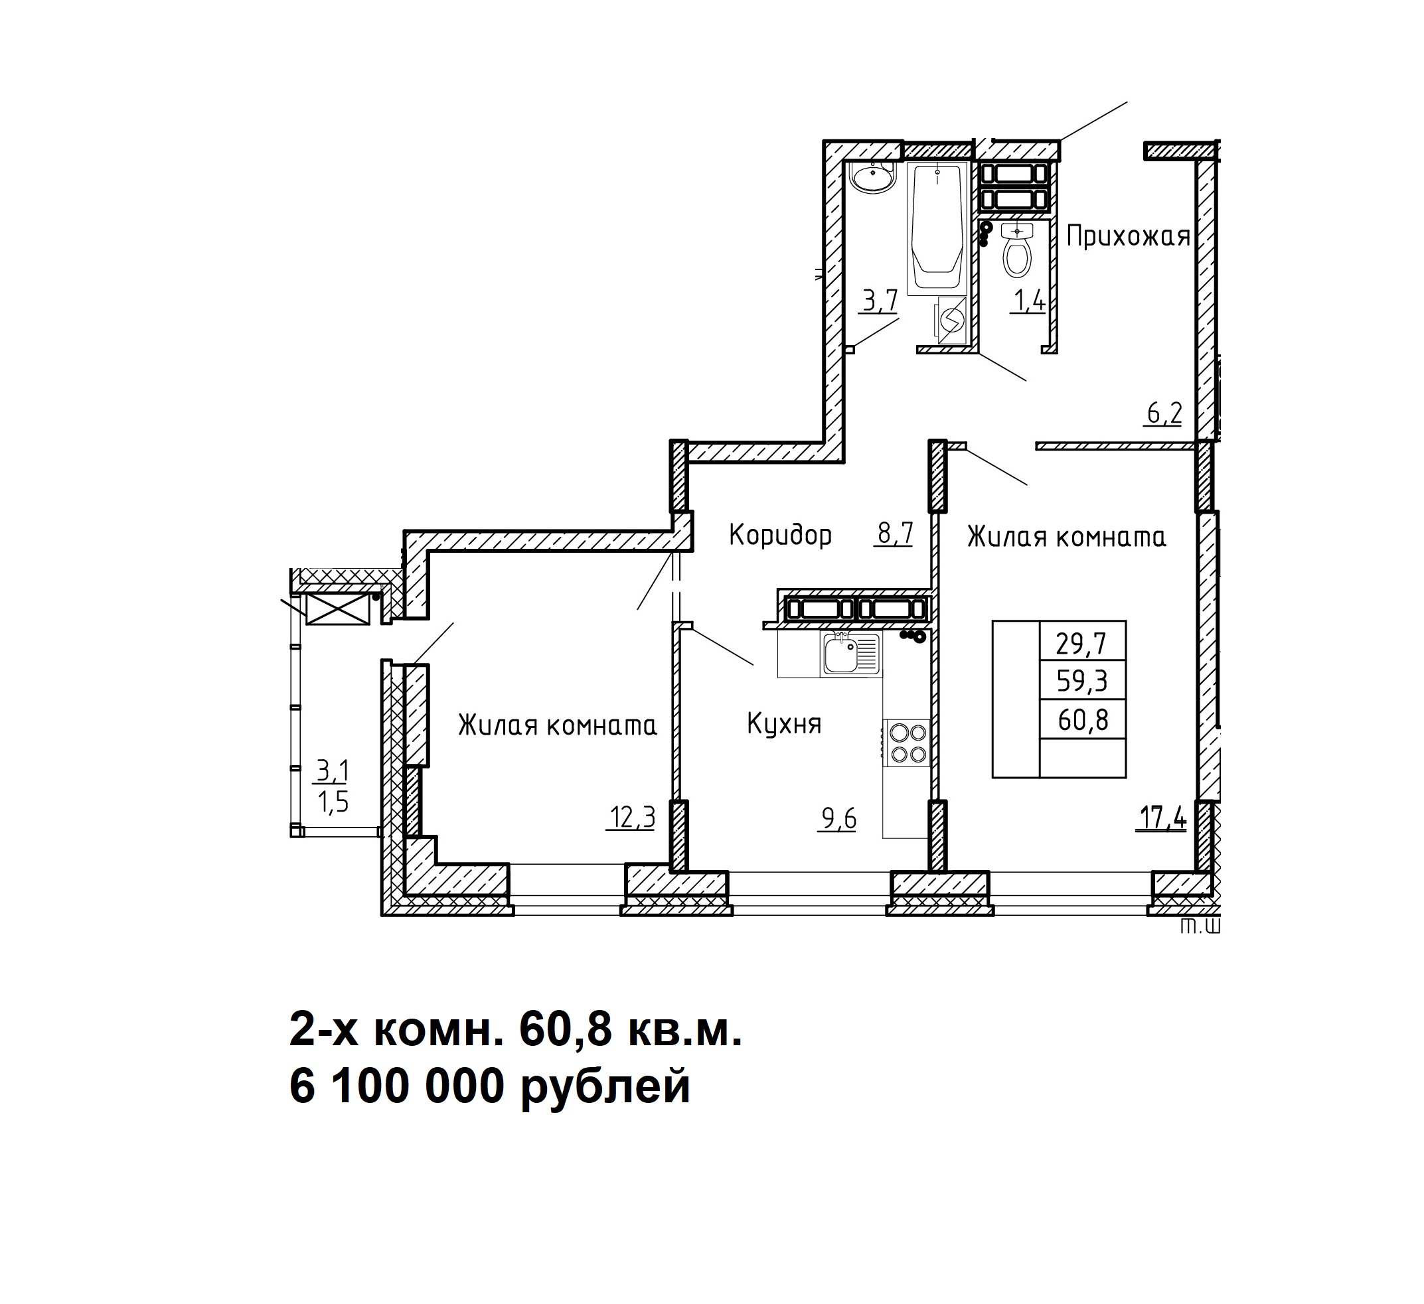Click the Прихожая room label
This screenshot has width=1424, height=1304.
pyautogui.click(x=1128, y=236)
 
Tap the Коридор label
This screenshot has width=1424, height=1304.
pyautogui.click(x=781, y=536)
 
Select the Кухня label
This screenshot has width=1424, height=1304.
pyautogui.click(x=784, y=725)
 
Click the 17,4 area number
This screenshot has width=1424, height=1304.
pyautogui.click(x=1162, y=818)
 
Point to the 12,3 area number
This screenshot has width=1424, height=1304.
pyautogui.click(x=632, y=818)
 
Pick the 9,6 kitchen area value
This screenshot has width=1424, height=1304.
pyautogui.click(x=838, y=819)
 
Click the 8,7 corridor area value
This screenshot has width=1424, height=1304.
pyautogui.click(x=895, y=533)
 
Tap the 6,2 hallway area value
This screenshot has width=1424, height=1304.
pyautogui.click(x=1164, y=413)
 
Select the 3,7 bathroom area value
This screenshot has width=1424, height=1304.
pyautogui.click(x=880, y=301)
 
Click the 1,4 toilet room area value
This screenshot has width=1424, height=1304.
pyautogui.click(x=1029, y=301)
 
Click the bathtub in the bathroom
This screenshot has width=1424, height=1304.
pyautogui.click(x=937, y=228)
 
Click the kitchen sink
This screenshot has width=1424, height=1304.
pyautogui.click(x=851, y=654)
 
